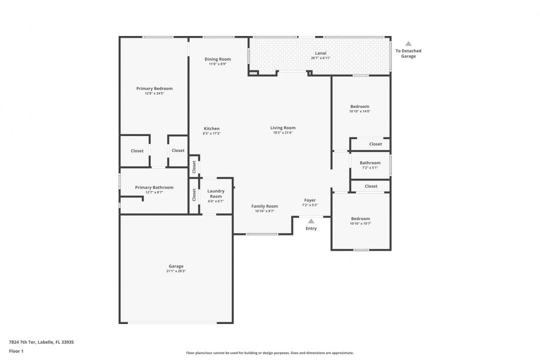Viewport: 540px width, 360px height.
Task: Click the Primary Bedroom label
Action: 154,88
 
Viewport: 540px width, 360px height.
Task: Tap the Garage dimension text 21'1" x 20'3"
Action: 176,271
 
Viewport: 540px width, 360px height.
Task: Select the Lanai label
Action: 320,53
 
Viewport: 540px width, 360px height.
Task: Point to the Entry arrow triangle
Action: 311,221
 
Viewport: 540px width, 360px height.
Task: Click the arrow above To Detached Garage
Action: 408,44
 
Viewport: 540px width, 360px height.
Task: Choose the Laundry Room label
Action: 216,193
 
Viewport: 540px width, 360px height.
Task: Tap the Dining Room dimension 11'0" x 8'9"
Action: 217,64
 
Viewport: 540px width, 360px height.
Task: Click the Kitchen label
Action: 211,128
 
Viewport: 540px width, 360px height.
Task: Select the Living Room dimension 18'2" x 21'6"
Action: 282,132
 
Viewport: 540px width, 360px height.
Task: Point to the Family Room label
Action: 264,206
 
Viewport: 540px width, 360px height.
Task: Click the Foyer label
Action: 310,200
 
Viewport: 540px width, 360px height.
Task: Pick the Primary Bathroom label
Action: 154,187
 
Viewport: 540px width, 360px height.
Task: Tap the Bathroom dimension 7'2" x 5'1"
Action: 370,168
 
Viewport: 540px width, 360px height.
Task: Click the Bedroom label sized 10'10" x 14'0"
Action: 360,106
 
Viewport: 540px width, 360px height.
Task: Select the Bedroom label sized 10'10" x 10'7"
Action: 360,219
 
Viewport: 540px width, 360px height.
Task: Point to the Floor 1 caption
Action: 16,351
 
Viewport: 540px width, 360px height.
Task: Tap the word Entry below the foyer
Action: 311,228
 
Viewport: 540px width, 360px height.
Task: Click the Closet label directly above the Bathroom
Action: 375,144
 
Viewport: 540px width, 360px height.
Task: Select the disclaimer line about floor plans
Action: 269,353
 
